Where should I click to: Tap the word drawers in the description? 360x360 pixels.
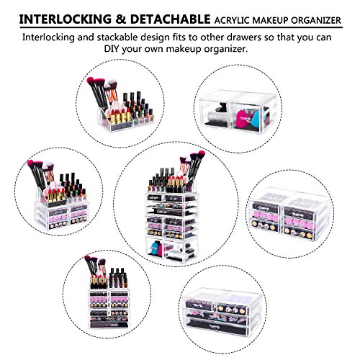pyautogui.click(x=253, y=37)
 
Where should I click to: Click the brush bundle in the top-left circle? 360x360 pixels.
pyautogui.click(x=102, y=89)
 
